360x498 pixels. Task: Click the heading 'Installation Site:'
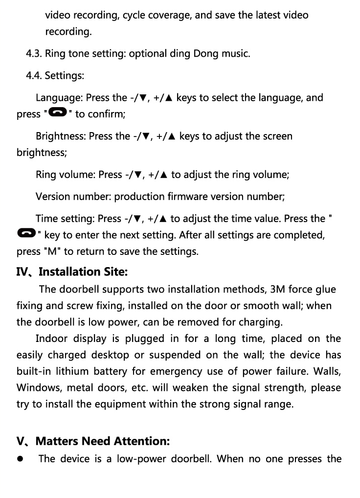(x=83, y=272)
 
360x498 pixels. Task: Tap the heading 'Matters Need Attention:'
(x=103, y=441)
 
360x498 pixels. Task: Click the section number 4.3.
(x=34, y=53)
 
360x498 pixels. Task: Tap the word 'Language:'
(x=59, y=97)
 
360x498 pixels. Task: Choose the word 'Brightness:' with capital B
(x=61, y=136)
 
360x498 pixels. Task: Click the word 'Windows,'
(x=39, y=388)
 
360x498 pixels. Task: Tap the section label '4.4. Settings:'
(x=55, y=76)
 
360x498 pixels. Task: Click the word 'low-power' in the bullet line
(x=141, y=459)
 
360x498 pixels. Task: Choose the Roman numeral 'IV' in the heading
(x=22, y=272)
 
